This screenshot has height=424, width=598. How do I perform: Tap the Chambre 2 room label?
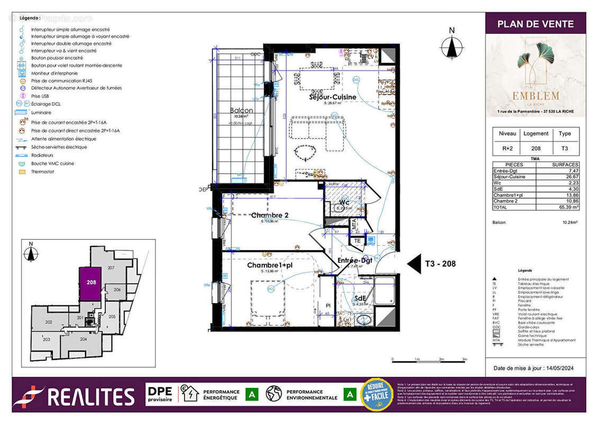tap(270, 215)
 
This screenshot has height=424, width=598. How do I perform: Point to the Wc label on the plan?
tap(344, 202)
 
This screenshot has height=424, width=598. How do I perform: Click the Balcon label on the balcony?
tap(241, 111)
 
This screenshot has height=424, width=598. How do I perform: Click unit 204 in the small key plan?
tap(83, 339)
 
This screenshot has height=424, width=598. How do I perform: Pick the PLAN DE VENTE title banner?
tap(536, 24)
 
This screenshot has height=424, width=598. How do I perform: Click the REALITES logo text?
tap(91, 397)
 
